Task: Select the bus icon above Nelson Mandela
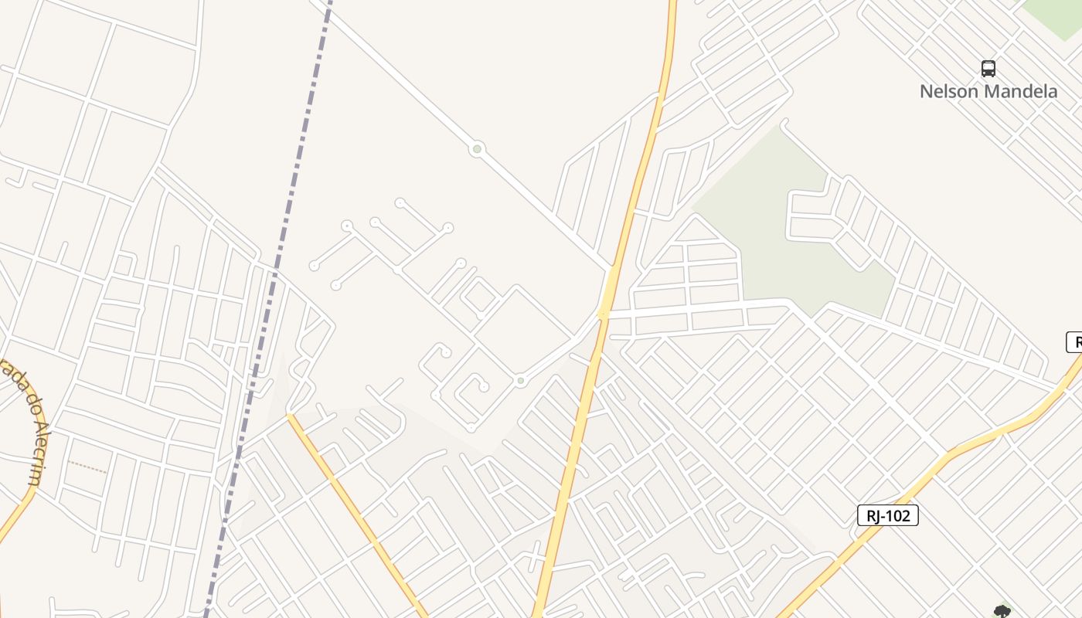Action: coord(988,69)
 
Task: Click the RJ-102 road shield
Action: coord(888,516)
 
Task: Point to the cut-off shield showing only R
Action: coord(1074,341)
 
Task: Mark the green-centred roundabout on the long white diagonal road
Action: coord(478,149)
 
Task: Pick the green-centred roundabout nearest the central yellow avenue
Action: coord(521,381)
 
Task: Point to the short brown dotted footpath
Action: coord(87,466)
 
